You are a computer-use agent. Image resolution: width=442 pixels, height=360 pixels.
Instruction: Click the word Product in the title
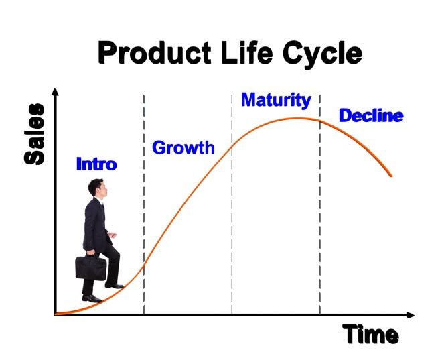[x=155, y=52]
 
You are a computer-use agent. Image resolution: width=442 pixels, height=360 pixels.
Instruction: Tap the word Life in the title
[x=247, y=52]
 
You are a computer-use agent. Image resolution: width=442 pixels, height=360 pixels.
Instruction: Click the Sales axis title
[x=34, y=134]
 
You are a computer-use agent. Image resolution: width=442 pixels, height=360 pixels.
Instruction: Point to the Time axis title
[x=370, y=335]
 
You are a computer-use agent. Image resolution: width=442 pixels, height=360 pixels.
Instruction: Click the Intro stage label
[x=96, y=164]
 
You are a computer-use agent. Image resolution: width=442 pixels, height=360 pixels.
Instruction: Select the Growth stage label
[x=183, y=147]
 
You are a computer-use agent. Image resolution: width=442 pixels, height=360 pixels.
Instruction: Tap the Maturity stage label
[x=276, y=100]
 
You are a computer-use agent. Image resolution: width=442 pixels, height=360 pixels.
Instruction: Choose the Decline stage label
[x=371, y=116]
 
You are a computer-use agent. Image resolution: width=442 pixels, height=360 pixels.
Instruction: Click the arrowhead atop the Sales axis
[x=56, y=92]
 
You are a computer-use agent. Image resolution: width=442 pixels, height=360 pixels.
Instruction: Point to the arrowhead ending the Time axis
[x=411, y=315]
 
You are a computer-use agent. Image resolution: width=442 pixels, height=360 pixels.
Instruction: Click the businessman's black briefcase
[x=91, y=267]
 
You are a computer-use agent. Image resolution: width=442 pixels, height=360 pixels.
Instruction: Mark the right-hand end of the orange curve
[x=391, y=176]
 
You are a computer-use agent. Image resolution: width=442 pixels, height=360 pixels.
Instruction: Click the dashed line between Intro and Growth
[x=144, y=204]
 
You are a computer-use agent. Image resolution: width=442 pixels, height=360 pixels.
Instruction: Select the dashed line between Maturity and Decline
[x=319, y=204]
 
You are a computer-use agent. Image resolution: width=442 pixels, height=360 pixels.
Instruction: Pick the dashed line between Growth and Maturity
[x=232, y=204]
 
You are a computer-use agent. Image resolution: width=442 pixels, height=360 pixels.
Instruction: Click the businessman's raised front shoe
[x=115, y=286]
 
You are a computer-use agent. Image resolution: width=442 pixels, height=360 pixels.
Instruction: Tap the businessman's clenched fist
[x=113, y=235]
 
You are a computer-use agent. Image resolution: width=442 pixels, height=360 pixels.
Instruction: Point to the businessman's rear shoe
[x=92, y=298]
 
